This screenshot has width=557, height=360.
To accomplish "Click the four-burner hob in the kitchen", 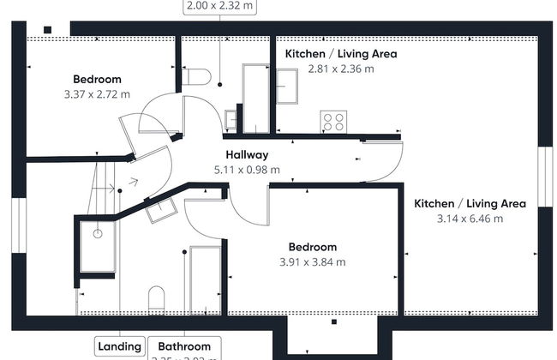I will point(333,123).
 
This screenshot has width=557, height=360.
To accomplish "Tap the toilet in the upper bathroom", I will point(195,77).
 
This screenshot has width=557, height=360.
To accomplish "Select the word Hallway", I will point(247,155).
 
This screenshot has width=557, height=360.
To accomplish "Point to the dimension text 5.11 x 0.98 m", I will point(247,170).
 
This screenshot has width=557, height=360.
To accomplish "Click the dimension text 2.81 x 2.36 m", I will point(341,69).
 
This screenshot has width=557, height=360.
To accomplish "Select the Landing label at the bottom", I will point(119,346).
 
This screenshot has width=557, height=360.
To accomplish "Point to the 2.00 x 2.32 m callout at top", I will point(220,6).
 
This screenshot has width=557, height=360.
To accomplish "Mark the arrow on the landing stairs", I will point(131,182).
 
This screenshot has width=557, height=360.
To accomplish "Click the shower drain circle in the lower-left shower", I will point(99,232).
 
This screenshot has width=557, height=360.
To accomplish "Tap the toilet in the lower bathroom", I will point(158,298).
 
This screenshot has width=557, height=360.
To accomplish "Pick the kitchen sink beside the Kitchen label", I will point(286,86).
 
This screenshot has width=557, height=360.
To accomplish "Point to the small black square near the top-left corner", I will point(48,31).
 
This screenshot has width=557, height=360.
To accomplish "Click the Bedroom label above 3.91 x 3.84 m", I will point(312,247).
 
